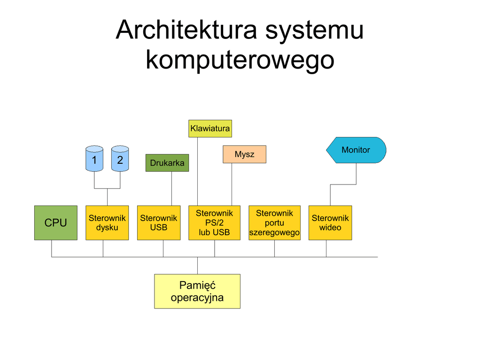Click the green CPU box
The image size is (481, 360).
56,222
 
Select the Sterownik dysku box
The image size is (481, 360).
107,222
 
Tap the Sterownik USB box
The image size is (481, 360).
159,222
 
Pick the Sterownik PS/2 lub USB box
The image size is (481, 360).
214,222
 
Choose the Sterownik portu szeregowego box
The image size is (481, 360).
274,222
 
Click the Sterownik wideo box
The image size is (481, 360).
330,222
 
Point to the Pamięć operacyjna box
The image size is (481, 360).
197,291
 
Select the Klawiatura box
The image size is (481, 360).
210,129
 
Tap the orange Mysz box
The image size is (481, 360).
244,154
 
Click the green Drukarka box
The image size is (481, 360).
167,163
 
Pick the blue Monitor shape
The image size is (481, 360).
356,150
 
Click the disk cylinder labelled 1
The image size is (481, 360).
94,159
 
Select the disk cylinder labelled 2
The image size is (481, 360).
120,159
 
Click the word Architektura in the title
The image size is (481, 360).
186,30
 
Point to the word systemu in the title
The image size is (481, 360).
314,31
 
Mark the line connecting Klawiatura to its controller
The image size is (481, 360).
198,171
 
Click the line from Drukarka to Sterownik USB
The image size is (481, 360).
172,189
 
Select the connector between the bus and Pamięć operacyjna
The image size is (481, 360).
198,266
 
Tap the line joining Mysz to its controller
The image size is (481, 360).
232,184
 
